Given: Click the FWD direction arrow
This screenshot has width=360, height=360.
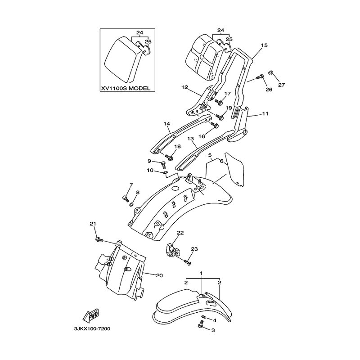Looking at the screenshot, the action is tap(90, 315).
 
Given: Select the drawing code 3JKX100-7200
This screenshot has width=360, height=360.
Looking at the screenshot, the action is tap(92, 329).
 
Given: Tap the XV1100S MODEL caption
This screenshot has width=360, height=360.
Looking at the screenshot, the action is tap(126, 88).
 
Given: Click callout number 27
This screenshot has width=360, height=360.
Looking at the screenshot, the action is tap(282, 85).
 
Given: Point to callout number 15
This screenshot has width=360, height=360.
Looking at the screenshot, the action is tap(264, 45).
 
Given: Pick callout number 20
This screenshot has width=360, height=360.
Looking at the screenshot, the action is tap(159, 275).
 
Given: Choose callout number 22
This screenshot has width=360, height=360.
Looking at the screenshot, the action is tap(180, 233).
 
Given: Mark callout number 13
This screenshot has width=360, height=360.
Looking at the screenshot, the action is tap(190, 139).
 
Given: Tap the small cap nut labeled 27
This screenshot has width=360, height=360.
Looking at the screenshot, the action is tap(271, 72).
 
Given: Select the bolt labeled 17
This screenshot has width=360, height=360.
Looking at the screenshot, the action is tap(219, 102).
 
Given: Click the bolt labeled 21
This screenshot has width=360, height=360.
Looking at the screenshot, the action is tap(99, 240).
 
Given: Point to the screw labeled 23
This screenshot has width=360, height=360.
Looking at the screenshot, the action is tap(187, 261).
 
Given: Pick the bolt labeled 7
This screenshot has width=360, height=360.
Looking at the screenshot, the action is tap(125, 198).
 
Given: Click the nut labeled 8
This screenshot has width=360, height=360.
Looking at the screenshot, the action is tap(132, 204).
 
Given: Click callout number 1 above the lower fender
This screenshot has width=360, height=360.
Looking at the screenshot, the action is tap(201, 274).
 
